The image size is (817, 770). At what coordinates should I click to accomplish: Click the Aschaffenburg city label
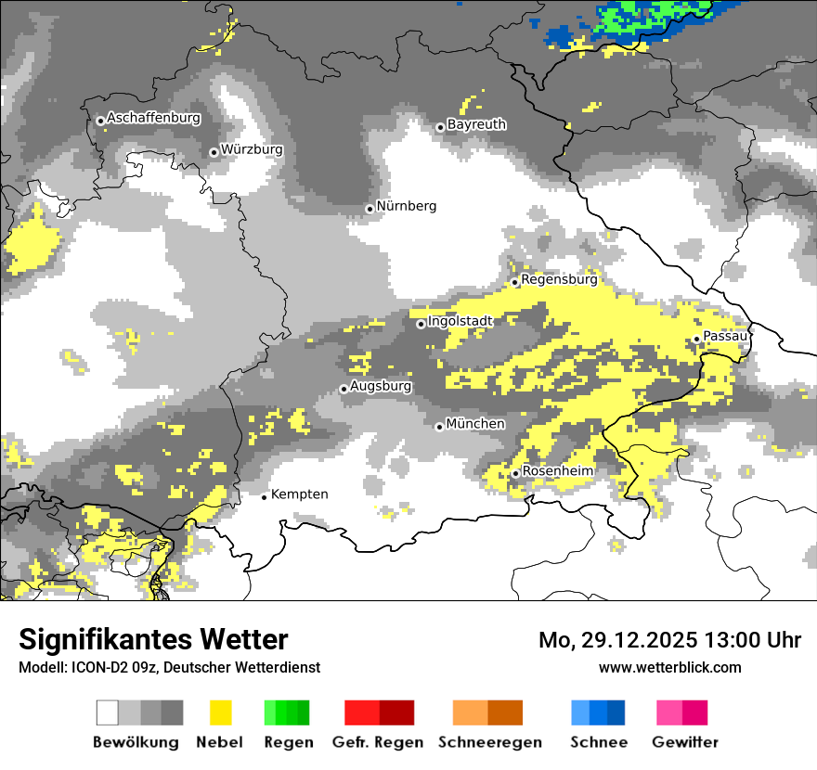point(153,119)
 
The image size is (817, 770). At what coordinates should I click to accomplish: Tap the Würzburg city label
point(252,149)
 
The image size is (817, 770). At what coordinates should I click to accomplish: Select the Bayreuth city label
point(476,124)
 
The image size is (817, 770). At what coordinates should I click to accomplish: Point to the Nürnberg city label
point(406,206)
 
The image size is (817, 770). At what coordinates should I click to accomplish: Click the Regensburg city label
point(559,279)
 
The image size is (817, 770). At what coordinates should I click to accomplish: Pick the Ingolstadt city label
point(460,321)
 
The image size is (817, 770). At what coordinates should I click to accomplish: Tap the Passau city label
point(724,337)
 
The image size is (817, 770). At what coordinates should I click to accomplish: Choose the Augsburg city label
point(381,386)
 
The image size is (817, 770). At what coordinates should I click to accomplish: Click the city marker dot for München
point(439,427)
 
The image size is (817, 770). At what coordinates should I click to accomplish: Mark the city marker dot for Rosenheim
point(515,473)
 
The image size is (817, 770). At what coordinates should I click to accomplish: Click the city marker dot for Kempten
point(264,497)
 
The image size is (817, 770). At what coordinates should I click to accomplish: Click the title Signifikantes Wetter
point(153,640)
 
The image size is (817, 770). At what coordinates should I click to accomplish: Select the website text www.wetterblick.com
point(669,667)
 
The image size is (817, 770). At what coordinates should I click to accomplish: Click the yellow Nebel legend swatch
point(220,712)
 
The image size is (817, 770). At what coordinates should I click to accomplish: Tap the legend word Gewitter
point(684,742)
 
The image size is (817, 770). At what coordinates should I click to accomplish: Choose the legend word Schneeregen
point(490,742)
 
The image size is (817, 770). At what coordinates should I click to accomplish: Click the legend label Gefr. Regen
point(377,742)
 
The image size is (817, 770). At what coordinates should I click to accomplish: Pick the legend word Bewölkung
point(136,742)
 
